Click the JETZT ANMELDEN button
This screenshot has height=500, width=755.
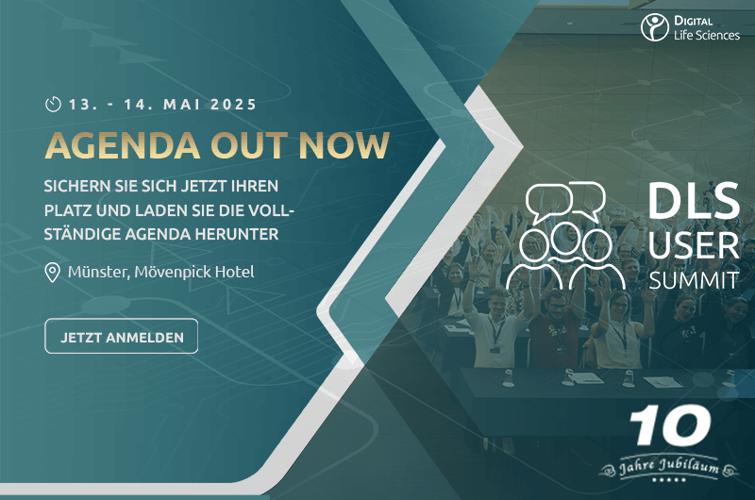click(122, 337)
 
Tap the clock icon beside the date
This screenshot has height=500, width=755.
click(53, 104)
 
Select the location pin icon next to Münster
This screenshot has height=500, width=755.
click(52, 273)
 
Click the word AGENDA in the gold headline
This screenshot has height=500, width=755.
click(123, 145)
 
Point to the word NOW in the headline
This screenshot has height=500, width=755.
click(344, 145)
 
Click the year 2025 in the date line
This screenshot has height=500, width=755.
click(233, 105)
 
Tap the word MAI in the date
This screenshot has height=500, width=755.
click(182, 105)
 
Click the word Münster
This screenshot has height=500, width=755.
click(98, 273)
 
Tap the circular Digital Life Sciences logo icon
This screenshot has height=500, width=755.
click(654, 27)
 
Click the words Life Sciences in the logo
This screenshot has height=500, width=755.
click(707, 35)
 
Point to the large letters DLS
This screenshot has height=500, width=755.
click(694, 201)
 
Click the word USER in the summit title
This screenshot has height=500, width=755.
click(694, 245)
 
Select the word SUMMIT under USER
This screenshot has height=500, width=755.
click(694, 280)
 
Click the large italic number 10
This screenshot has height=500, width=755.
click(670, 425)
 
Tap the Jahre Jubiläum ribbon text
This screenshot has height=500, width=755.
click(669, 466)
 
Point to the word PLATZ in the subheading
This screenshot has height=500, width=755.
click(67, 210)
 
